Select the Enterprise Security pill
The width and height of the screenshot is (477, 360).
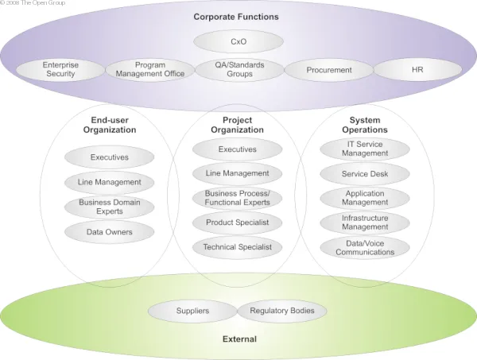[x=61, y=69]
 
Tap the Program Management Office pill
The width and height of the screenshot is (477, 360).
[x=150, y=69]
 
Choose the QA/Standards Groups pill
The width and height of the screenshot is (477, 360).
[x=239, y=69]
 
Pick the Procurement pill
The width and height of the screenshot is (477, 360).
[x=329, y=70]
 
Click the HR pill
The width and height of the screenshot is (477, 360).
[x=417, y=70]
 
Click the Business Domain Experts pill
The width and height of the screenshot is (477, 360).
[x=110, y=207]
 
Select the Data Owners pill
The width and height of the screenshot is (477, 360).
[x=110, y=232]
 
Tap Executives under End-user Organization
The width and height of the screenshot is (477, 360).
[x=110, y=157]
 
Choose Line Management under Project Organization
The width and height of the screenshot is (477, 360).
[x=237, y=173]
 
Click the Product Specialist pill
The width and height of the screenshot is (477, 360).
[x=237, y=223]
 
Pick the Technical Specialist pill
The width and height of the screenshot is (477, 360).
[x=237, y=247]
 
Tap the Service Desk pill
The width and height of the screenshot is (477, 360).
[x=365, y=173]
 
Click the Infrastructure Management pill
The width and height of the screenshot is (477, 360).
[x=365, y=222]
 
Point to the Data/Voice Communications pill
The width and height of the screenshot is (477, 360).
[x=365, y=247]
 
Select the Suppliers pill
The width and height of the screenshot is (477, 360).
[x=192, y=311]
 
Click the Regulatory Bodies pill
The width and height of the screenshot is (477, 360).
[x=281, y=311]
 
